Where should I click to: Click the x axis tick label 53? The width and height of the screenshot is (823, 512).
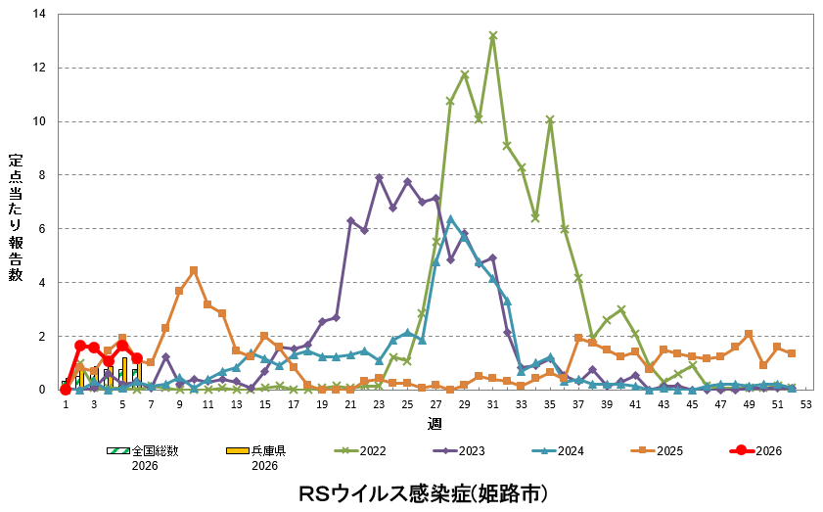[805, 404]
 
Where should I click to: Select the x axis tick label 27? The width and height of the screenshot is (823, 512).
[436, 404]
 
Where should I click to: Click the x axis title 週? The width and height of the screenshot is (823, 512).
[434, 423]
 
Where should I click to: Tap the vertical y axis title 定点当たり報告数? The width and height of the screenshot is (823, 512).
[16, 216]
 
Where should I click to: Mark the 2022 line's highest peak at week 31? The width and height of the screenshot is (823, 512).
[493, 35]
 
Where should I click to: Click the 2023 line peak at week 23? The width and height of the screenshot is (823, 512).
[379, 178]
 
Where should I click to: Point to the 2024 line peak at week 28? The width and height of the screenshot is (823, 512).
[450, 219]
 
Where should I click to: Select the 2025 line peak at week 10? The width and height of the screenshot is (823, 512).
[194, 270]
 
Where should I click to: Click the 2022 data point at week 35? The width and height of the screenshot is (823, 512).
[550, 120]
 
